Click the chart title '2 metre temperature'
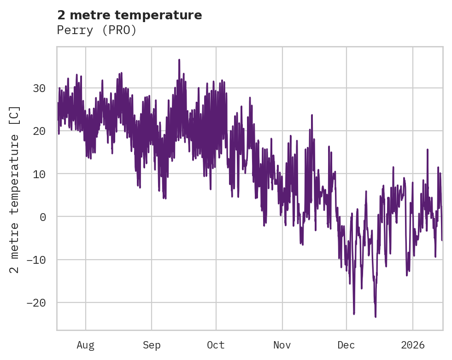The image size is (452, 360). click(x=129, y=15)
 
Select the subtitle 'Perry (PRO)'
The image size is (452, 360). click(x=97, y=30)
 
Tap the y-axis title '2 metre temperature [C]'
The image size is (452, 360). click(x=15, y=190)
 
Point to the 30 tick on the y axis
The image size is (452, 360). click(x=40, y=88)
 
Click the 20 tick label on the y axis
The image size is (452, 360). click(x=40, y=131)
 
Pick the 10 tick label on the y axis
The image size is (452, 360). click(x=40, y=174)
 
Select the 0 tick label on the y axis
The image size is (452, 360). click(x=43, y=217)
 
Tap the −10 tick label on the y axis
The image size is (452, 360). click(x=36, y=260)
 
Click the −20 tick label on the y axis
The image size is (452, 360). click(x=36, y=303)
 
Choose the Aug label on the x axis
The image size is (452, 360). click(x=85, y=345)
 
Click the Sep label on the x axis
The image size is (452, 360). click(x=152, y=345)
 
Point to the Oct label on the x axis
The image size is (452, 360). click(x=216, y=345)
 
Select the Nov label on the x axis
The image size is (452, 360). click(x=282, y=345)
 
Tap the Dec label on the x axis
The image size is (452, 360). click(x=346, y=345)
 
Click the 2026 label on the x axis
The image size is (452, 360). click(x=412, y=345)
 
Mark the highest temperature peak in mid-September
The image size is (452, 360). click(x=179, y=60)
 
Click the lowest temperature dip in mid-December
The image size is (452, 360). click(x=376, y=317)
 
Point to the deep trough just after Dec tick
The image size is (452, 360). click(x=354, y=314)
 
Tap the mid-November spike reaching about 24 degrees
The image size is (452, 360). click(x=312, y=115)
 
